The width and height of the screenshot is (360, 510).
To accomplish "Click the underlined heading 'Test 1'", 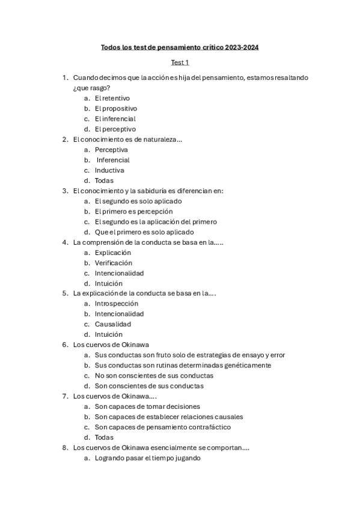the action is click(x=180, y=63).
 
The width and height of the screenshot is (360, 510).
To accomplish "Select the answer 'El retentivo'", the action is click(x=112, y=98).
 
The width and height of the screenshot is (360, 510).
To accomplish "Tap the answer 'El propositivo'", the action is click(x=116, y=108).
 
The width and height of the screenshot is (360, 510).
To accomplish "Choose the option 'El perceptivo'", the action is click(x=115, y=129).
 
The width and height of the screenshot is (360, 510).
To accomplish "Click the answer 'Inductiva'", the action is click(x=109, y=170).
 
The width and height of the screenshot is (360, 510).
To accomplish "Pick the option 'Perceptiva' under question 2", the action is click(x=111, y=149).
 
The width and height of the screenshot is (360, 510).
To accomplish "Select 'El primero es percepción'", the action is click(x=133, y=211).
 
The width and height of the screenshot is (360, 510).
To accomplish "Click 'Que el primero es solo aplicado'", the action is click(x=144, y=232).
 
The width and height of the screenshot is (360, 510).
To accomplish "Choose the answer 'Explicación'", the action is click(x=112, y=253).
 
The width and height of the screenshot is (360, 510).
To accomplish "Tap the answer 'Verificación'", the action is click(x=113, y=263).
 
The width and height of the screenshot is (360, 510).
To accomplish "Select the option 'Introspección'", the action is click(x=116, y=304).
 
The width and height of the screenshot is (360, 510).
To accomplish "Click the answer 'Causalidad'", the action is click(x=112, y=324).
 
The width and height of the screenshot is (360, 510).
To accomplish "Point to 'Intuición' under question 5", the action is click(x=109, y=334).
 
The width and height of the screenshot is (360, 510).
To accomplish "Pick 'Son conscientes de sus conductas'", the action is click(x=149, y=386).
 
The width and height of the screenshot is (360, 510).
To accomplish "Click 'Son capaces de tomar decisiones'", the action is click(x=147, y=407).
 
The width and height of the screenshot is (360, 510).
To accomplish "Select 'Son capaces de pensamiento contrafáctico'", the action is click(x=162, y=427).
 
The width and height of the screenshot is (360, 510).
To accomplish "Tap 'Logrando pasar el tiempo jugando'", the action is click(x=148, y=458).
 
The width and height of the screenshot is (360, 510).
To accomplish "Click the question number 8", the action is click(x=64, y=447).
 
